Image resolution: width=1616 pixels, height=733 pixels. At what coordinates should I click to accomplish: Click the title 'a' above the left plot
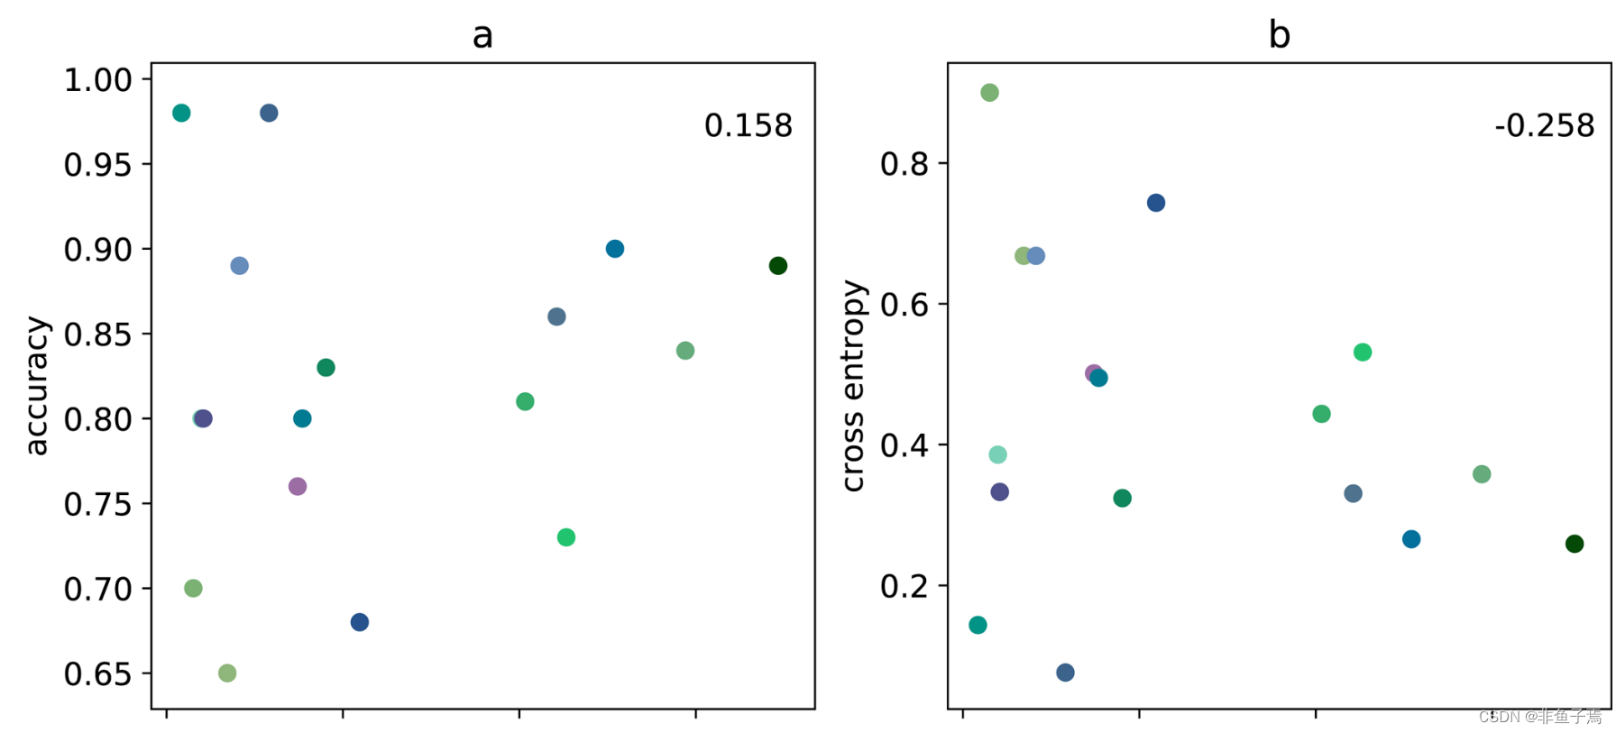coord(482,36)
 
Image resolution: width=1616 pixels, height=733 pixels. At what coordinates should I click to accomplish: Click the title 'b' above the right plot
coord(1279,36)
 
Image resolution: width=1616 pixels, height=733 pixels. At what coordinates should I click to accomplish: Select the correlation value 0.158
coord(748,126)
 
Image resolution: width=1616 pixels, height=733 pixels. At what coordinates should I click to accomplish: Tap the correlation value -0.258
coord(1544,126)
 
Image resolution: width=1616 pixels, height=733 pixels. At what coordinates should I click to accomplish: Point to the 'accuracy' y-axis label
coord(36,386)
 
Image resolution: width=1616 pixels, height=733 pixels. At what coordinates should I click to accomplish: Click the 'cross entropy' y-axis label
coord(853,386)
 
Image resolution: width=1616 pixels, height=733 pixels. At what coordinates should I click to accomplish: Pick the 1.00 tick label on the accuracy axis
coord(97,80)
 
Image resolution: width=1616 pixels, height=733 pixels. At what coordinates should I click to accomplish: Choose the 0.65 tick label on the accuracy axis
coord(97,674)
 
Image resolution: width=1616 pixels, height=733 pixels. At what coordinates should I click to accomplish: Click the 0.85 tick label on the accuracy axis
coord(97,334)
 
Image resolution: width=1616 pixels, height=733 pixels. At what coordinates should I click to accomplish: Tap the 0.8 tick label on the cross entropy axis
coord(904,164)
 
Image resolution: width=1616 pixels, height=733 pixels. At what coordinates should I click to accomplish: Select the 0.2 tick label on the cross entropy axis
coord(904,586)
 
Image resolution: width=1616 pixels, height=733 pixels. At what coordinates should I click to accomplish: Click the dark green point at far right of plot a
coord(778,266)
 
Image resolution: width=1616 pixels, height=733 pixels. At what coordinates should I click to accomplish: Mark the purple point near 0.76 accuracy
coord(298,487)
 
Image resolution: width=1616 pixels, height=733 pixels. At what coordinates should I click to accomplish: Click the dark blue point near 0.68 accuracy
coord(360,622)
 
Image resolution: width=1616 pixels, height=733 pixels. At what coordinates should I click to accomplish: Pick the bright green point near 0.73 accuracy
coord(566,537)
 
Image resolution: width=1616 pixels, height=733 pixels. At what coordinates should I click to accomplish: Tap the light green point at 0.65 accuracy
coord(227,673)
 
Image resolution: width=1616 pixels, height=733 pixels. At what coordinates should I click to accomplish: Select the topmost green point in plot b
coord(989,93)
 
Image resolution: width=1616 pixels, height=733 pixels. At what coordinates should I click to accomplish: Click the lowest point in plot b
coord(1065,673)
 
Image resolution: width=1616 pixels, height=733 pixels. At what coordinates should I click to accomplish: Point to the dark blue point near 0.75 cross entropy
coord(1156,203)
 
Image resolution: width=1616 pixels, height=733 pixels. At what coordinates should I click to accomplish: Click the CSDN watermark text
coord(1540,717)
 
